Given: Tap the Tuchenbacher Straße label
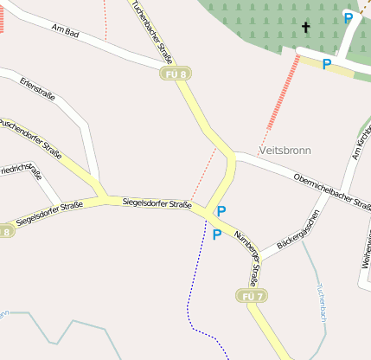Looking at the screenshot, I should pos(152,31).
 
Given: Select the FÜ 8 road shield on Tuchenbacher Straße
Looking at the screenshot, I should pos(174,75).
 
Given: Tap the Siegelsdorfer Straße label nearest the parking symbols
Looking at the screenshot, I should pos(157,204).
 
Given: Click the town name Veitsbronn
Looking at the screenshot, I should pos(284,151).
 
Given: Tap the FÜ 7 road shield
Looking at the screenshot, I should pos(251,296).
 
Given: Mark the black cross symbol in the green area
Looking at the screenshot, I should pos(305,28).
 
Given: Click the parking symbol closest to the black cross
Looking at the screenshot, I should pos(348,17).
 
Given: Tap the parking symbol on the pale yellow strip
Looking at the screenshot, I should pos(326,65).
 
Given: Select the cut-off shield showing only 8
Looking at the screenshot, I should pos(6,231).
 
